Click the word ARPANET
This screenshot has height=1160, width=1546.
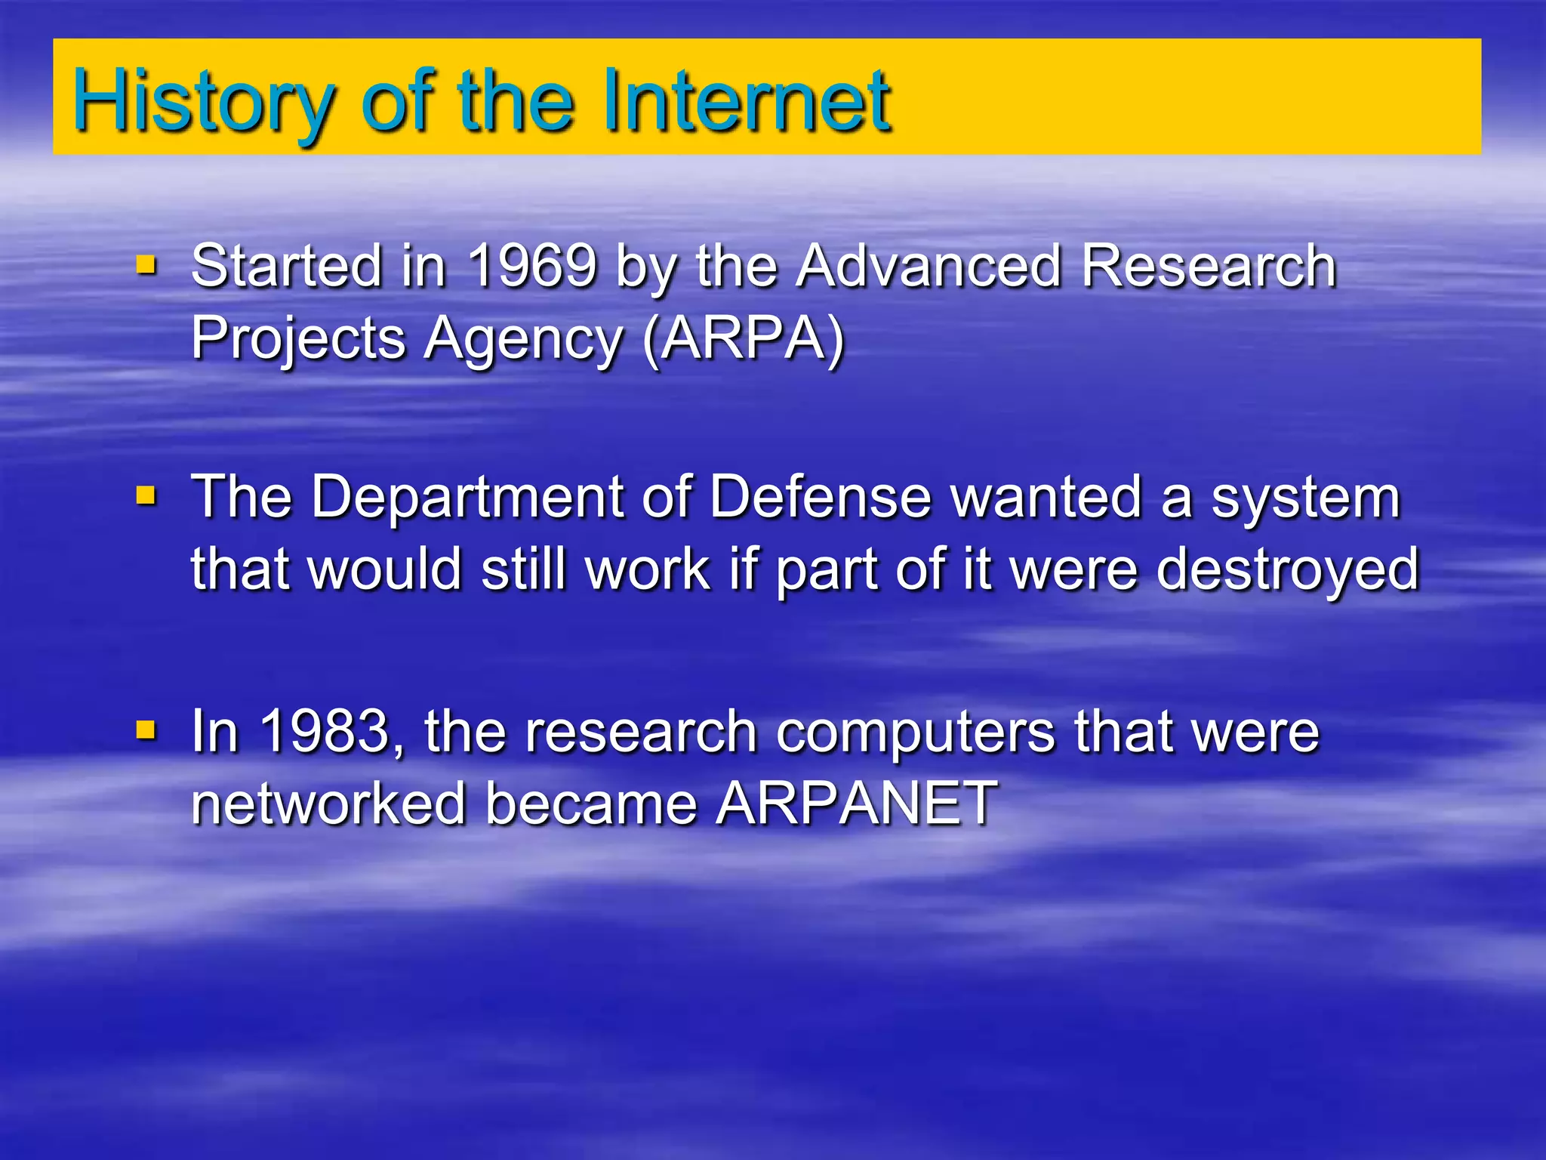857,803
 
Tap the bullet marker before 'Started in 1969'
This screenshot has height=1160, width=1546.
146,265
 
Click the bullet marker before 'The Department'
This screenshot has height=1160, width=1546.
146,496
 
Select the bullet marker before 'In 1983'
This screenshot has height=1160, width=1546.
146,730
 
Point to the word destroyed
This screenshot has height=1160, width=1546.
1288,570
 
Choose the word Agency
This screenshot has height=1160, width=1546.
523,339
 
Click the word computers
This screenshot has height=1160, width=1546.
915,733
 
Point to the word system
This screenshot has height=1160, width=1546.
1306,498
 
